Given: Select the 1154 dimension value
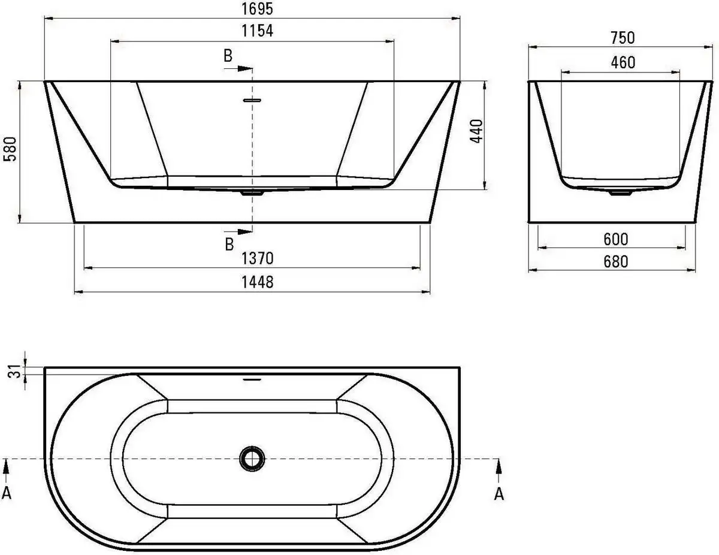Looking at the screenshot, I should pyautogui.click(x=252, y=31).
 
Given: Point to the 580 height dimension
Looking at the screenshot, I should pyautogui.click(x=10, y=152).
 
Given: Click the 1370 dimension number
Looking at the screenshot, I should pyautogui.click(x=252, y=258).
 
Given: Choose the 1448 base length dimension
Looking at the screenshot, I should pyautogui.click(x=252, y=282).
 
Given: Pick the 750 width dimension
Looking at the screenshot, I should pyautogui.click(x=622, y=38).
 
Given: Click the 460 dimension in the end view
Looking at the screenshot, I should pyautogui.click(x=622, y=62).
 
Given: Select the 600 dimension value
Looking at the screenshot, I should pyautogui.click(x=616, y=239).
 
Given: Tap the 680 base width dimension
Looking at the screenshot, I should pyautogui.click(x=616, y=262).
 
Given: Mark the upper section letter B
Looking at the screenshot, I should pyautogui.click(x=228, y=56).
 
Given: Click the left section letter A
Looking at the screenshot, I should pyautogui.click(x=7, y=493).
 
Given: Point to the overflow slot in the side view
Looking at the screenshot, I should pyautogui.click(x=252, y=100).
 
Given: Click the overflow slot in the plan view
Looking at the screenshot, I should pyautogui.click(x=252, y=379).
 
